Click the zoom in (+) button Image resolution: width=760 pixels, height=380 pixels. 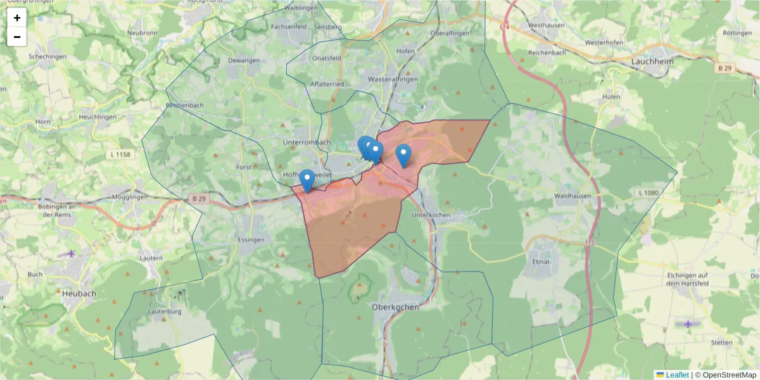17,18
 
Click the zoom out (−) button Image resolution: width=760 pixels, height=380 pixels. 17,37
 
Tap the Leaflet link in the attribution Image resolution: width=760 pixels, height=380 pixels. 676,375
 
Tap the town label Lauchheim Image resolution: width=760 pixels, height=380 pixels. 652,61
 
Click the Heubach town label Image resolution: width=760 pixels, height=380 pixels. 79,293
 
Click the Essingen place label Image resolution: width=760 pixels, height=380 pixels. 251,240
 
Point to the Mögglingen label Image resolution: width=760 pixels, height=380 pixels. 129,197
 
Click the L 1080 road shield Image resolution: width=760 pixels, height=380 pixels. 649,193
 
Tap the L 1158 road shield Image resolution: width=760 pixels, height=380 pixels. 119,155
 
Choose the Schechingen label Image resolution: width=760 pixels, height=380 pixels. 47,56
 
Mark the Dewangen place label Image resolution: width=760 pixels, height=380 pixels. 244,60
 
